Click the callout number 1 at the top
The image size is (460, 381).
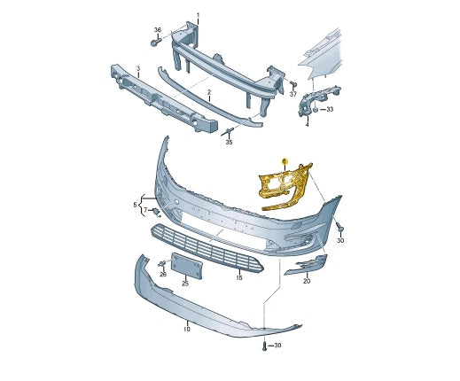tap(198, 15)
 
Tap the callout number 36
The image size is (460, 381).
tap(157, 29)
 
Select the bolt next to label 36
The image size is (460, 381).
tap(156, 42)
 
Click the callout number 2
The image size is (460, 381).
tap(208, 92)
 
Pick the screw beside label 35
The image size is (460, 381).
tap(230, 131)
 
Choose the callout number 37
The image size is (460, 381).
tap(293, 93)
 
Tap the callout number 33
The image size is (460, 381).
tap(331, 109)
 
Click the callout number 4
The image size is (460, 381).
tap(307, 125)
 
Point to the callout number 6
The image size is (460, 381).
tap(284, 160)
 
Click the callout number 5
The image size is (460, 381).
tap(136, 205)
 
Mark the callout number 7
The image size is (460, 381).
tap(144, 211)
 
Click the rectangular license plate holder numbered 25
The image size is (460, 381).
tap(187, 265)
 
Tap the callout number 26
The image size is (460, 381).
tap(162, 275)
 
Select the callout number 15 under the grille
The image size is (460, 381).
tap(238, 278)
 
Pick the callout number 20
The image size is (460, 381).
tap(307, 281)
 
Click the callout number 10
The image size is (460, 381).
tap(187, 329)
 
